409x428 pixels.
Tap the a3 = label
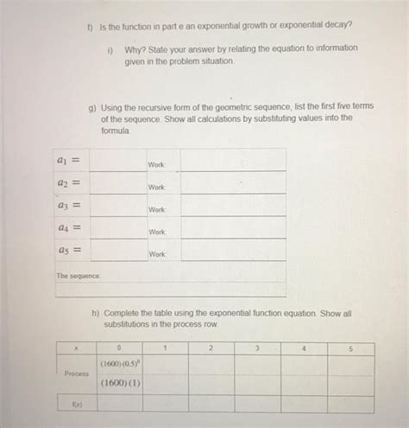(x=68, y=206)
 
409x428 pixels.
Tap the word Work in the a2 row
(x=156, y=187)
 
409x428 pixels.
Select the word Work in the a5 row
(x=156, y=254)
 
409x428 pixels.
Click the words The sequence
(x=79, y=276)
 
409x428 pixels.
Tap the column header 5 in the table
(x=350, y=348)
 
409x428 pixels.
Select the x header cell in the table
(x=77, y=348)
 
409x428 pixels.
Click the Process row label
(x=77, y=374)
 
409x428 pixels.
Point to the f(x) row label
(x=77, y=404)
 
